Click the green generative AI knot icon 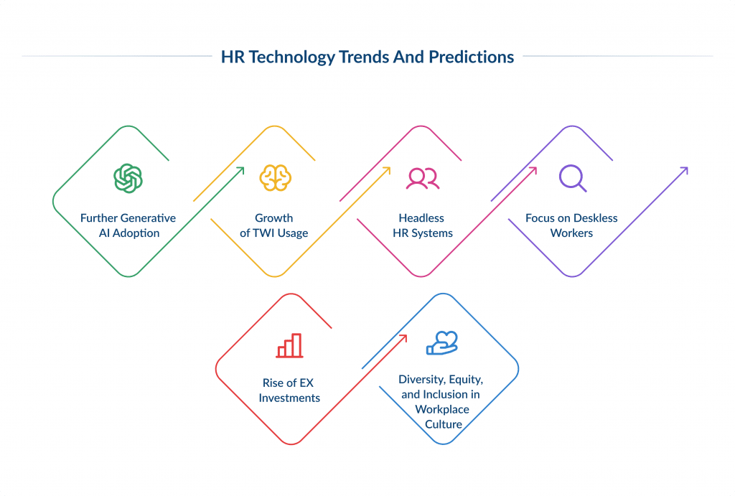coord(128,178)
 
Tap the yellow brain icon coord(274,178)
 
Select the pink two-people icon coord(422,178)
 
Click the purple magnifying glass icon coord(572,178)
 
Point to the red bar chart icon coord(289,345)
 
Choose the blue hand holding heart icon coord(441,344)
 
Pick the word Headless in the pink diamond coord(422,218)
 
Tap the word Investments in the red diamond coord(289,398)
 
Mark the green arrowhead coord(241,170)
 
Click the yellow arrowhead coord(388,170)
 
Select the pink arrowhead coord(534,170)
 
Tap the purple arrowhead coord(685,170)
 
